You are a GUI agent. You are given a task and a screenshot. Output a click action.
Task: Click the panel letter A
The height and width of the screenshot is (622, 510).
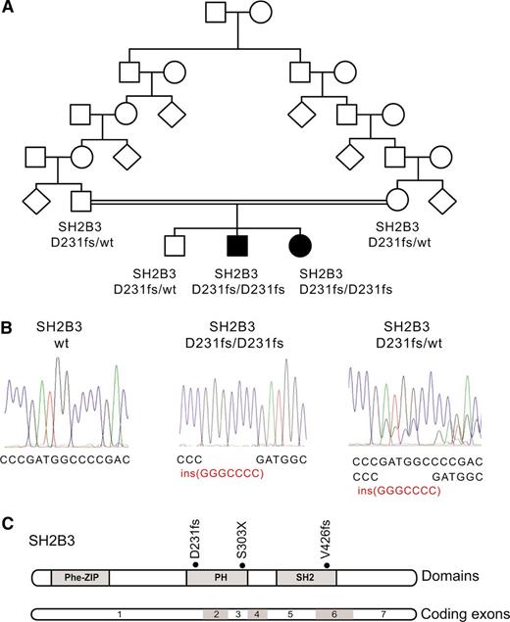coord(9,9)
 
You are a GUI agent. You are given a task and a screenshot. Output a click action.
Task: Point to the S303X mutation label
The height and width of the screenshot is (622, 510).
coord(241,542)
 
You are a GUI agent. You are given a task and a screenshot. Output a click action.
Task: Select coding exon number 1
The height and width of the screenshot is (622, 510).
coord(118,613)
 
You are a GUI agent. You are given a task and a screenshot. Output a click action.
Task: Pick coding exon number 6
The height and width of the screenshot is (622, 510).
coord(333,613)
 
